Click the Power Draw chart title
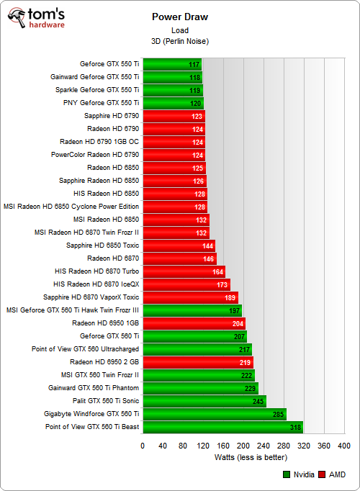pyautogui.click(x=180, y=17)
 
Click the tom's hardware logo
pyautogui.click(x=34, y=19)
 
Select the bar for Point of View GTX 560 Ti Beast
pyautogui.click(x=223, y=427)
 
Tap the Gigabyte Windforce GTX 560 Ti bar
pyautogui.click(x=215, y=414)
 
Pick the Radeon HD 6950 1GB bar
pyautogui.click(x=194, y=323)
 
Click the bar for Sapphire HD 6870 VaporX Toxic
pyautogui.click(x=190, y=297)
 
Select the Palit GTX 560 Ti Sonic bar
pyautogui.click(x=204, y=401)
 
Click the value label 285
pyautogui.click(x=276, y=414)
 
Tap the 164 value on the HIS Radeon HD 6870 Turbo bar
pyautogui.click(x=217, y=271)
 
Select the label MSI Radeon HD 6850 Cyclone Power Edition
pyautogui.click(x=71, y=207)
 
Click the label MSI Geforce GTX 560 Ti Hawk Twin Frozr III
pyautogui.click(x=73, y=310)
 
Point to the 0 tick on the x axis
pyautogui.click(x=143, y=446)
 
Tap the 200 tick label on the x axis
pyautogui.click(x=243, y=446)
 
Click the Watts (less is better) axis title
pyautogui.click(x=244, y=457)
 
